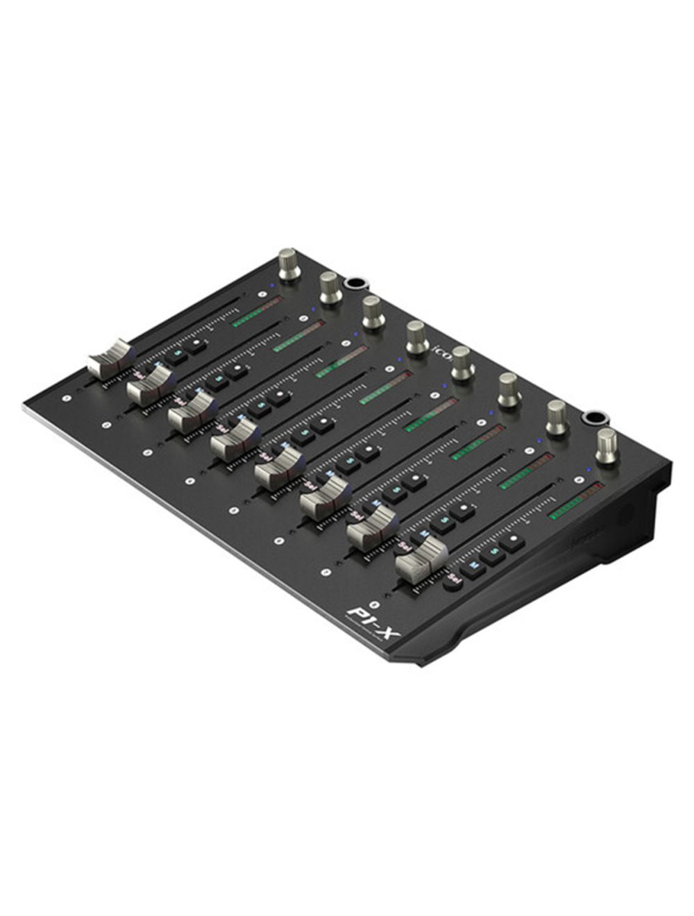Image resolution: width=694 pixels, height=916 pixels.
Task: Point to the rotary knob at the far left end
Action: pos(288,263)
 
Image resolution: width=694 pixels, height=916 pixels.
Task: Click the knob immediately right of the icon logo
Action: pos(462,364)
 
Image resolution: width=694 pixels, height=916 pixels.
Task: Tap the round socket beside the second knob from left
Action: pos(355,283)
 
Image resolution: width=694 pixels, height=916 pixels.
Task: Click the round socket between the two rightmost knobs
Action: pos(593,418)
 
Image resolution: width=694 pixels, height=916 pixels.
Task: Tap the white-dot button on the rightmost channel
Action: pos(513,541)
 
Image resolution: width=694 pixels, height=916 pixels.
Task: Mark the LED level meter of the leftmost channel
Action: pos(257,312)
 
